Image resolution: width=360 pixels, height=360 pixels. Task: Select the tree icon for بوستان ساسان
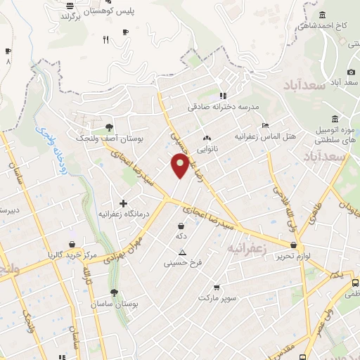click(114, 293)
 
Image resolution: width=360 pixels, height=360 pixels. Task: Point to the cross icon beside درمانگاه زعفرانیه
click(123, 203)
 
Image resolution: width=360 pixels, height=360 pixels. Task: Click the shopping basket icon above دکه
click(181, 226)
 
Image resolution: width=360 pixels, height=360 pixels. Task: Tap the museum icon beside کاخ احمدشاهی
click(322, 15)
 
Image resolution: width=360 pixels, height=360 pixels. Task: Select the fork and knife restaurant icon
click(105, 40)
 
